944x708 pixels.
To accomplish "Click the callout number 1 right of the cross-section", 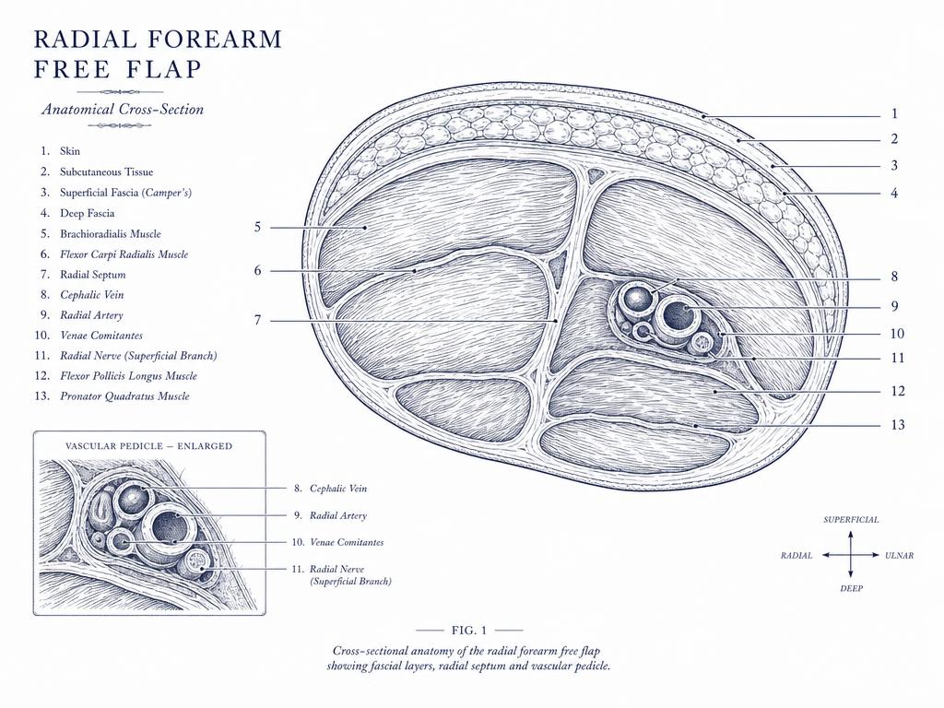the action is coord(894,113).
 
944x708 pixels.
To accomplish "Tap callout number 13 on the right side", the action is coord(898,425).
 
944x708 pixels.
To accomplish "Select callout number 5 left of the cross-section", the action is coord(258,227).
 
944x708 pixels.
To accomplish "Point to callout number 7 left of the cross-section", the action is coord(258,320).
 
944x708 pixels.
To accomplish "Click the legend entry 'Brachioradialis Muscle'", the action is coord(111,233).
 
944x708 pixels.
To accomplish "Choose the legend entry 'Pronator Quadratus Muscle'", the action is coord(124,396).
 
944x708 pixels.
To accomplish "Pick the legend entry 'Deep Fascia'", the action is coord(87,213).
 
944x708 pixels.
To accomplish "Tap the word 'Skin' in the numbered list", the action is coord(70,151).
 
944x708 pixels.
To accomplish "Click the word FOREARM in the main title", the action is coord(215,39).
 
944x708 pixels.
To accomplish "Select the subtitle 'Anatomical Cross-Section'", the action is coord(123,109).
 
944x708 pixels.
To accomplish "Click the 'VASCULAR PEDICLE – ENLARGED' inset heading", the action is coord(148,446).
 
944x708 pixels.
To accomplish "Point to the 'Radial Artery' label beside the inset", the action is coord(337,515).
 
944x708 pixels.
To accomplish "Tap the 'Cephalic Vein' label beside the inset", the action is coord(337,489).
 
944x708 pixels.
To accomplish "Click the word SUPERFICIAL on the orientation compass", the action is coord(851,520).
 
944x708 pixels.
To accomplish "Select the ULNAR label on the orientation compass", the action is coord(900,556).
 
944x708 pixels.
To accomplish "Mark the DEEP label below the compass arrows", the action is coord(851,588).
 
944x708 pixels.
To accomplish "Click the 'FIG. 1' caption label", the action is coord(469,631).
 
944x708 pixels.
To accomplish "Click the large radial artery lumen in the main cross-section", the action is coord(679,315).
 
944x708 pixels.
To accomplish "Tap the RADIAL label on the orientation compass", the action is coord(796,556).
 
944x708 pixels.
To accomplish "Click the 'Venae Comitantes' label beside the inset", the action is coord(347,542).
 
